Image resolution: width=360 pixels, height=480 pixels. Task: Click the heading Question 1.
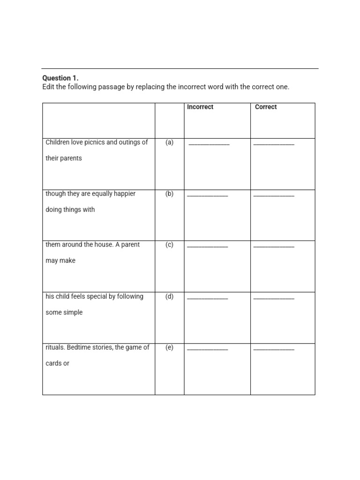click(60, 78)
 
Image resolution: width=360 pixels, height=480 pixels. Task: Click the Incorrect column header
click(200, 107)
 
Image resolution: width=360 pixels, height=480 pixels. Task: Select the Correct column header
click(266, 107)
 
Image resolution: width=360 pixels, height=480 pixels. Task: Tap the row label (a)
click(169, 142)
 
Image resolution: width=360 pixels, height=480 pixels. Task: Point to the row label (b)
click(169, 194)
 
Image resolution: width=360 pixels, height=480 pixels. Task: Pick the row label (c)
click(169, 245)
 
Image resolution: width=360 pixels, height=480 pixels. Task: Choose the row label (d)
click(169, 296)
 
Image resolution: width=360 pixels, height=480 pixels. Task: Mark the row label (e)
click(169, 347)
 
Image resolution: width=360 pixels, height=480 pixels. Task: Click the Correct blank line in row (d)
click(274, 298)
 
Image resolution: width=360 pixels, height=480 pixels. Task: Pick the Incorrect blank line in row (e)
click(208, 349)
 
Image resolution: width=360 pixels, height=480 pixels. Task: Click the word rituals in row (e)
click(55, 347)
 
